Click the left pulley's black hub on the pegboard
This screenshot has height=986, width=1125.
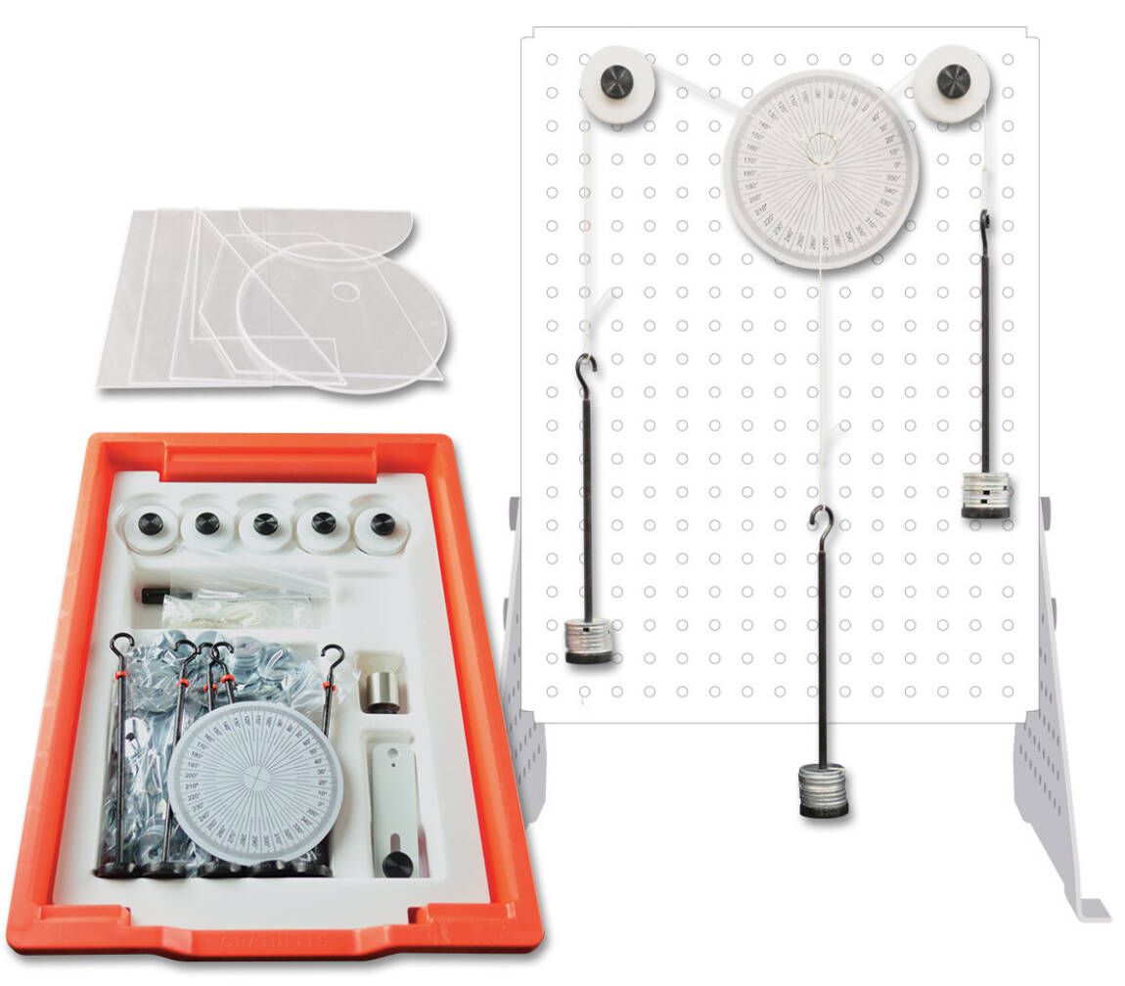(617, 82)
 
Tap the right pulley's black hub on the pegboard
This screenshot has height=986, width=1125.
(954, 81)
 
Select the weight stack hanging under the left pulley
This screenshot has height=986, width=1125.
(589, 641)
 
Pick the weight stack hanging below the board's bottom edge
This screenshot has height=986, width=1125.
(823, 791)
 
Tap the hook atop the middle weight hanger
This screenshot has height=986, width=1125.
(822, 519)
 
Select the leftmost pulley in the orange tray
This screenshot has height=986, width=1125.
(152, 524)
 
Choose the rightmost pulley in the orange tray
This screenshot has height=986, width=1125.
(382, 525)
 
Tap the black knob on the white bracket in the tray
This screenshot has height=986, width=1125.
(396, 862)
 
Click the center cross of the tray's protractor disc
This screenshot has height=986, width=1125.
(255, 780)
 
